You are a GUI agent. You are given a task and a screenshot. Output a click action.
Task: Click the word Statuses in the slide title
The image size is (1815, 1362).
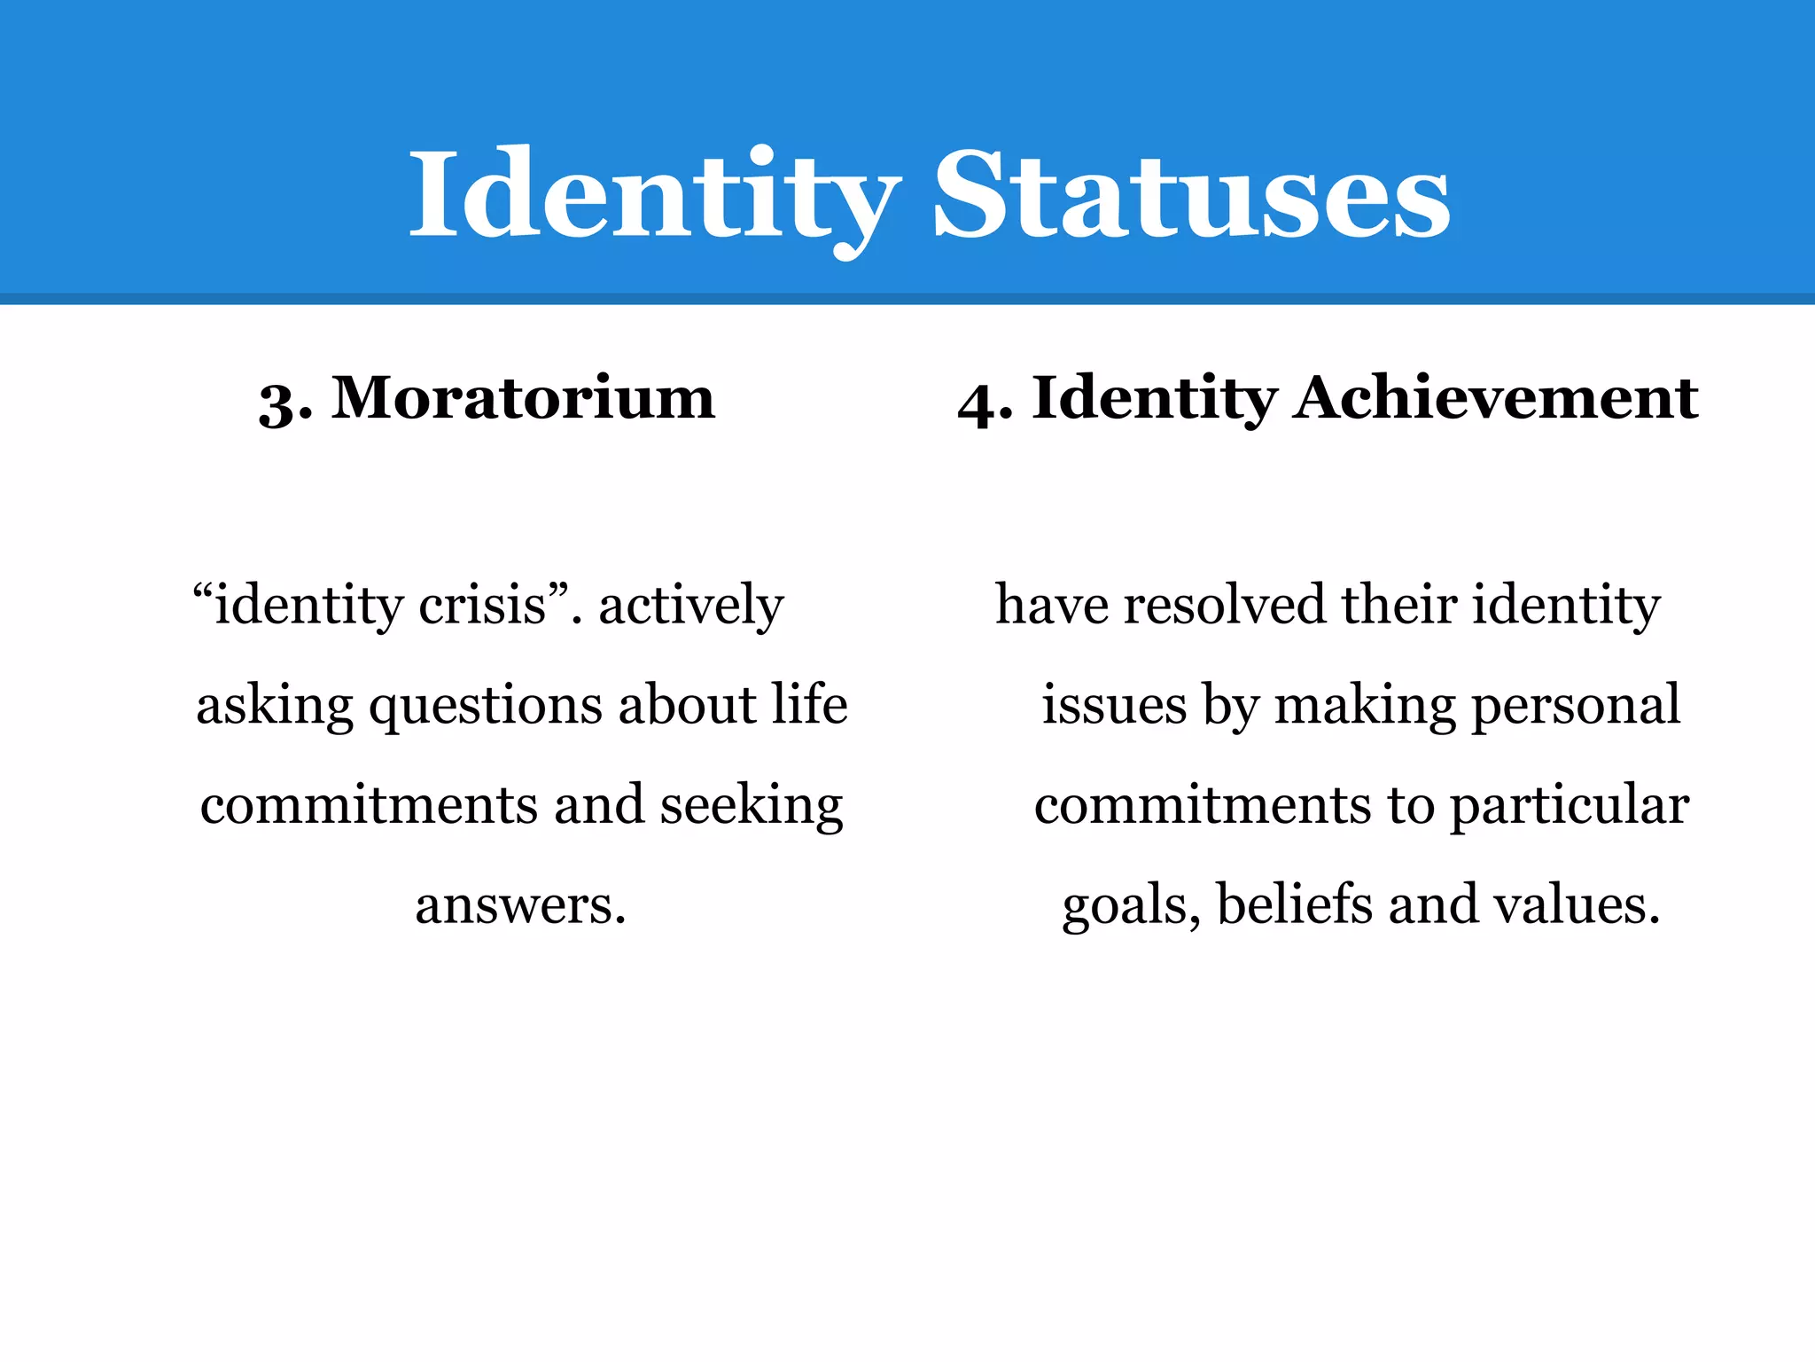pos(1191,195)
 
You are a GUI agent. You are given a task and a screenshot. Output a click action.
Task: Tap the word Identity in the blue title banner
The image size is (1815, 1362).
pos(654,195)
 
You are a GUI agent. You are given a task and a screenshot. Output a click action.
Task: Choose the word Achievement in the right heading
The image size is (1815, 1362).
pos(1496,398)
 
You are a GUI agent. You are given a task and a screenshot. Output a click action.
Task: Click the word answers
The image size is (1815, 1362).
pos(520,906)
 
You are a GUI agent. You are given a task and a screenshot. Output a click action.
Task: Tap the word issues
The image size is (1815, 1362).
pos(1114,706)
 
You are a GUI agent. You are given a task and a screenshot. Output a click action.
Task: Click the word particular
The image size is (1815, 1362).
pos(1569,807)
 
